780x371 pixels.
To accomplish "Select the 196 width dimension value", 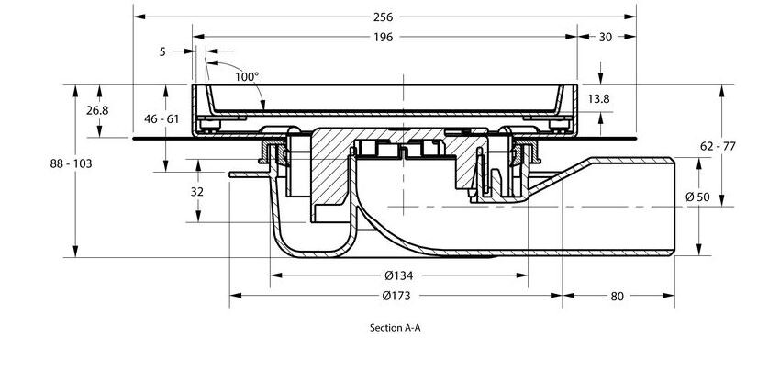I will point(384,37).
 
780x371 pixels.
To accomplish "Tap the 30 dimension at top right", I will point(606,37).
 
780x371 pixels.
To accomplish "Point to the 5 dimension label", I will point(162,52).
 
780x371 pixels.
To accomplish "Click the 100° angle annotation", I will point(246,77).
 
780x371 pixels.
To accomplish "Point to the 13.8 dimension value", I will point(598,97).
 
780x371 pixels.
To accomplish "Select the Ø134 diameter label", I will point(398,275).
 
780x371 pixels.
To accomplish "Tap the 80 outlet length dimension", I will point(617,296).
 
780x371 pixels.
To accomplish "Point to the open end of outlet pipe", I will point(675,206).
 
